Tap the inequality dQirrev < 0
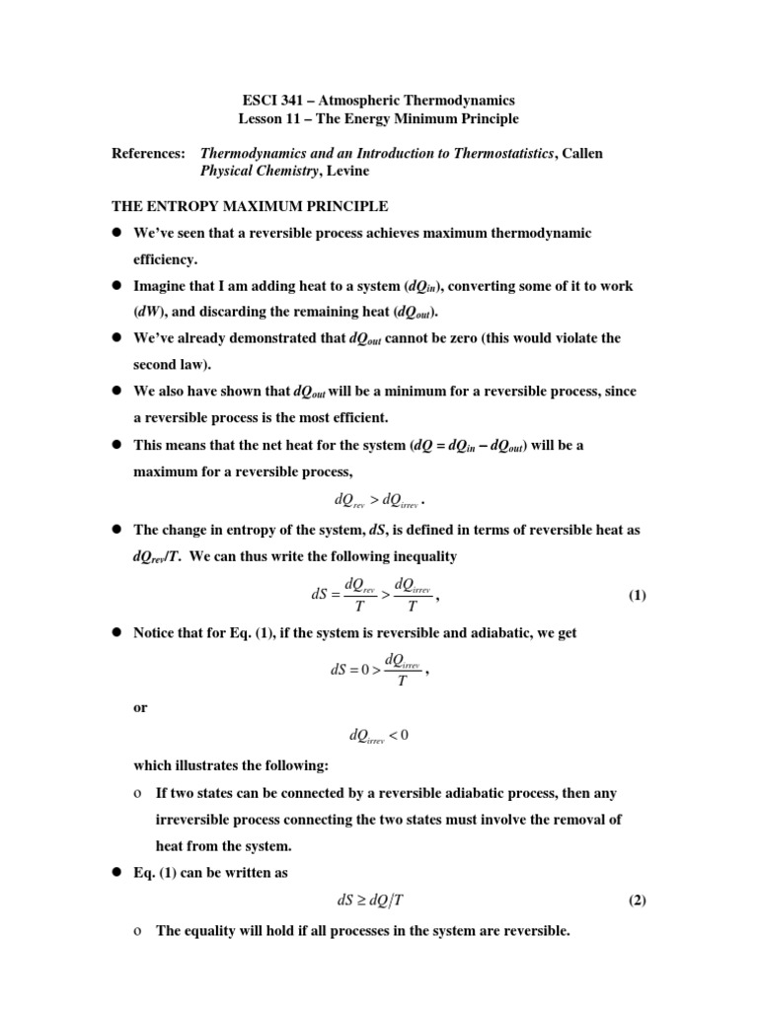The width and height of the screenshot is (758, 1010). point(378,735)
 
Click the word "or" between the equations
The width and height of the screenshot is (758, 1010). point(140,706)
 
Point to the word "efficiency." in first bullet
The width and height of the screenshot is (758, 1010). point(166,259)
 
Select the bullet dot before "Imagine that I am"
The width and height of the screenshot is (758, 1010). point(114,286)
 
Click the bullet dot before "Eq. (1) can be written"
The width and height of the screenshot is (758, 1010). point(114,873)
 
